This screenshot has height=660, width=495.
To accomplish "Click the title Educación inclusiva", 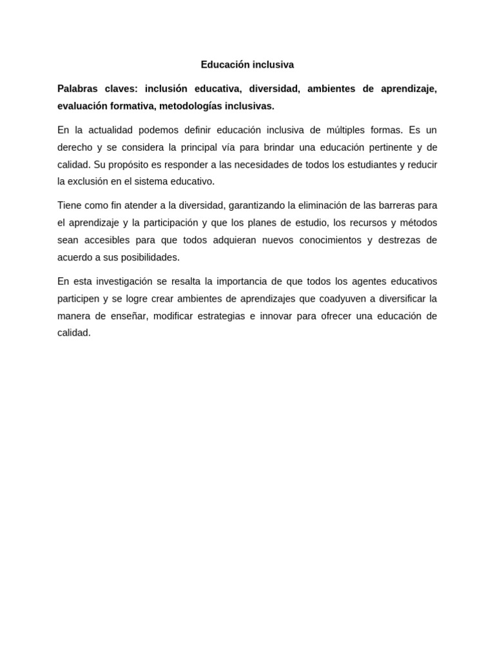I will point(247,64).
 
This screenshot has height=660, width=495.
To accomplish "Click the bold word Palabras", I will point(77,88).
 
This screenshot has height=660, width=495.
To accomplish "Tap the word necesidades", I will point(262,164).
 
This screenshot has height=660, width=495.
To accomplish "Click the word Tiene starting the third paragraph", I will point(70,206).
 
